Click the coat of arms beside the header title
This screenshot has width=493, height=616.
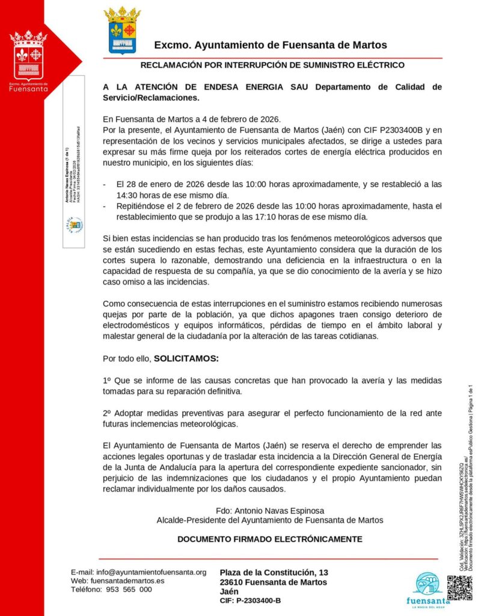[122, 31]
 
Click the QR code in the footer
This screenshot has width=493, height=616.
[459, 588]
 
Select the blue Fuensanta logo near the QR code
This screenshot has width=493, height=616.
[428, 588]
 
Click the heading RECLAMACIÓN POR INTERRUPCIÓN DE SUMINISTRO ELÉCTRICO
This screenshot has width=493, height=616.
[272, 65]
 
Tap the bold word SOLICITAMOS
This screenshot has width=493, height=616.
[186, 359]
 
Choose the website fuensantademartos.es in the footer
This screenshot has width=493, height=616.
[126, 581]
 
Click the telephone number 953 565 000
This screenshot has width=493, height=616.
[129, 590]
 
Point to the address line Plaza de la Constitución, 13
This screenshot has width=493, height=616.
[274, 571]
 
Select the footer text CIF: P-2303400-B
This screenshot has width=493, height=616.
[250, 600]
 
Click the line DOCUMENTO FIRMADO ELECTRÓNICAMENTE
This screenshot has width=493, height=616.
[270, 539]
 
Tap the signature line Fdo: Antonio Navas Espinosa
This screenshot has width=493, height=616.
[270, 511]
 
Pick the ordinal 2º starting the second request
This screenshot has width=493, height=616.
[108, 413]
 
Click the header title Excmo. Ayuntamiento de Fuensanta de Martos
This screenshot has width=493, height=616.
[271, 45]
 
